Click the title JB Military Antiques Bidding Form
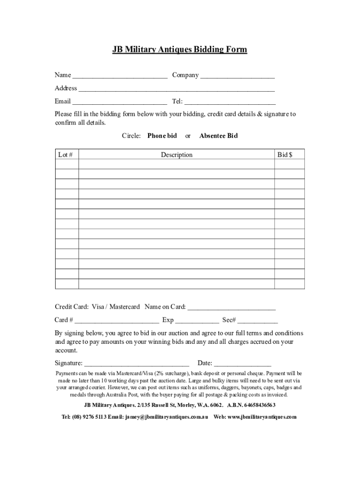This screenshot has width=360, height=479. click(180, 50)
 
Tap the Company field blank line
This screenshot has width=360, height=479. click(238, 76)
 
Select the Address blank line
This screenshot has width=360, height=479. click(176, 89)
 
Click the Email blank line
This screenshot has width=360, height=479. click(120, 102)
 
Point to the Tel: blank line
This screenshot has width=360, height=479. click(230, 102)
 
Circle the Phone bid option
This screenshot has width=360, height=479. click(162, 136)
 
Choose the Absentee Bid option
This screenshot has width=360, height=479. click(218, 136)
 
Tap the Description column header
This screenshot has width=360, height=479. click(176, 154)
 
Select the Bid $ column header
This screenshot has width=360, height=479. click(285, 154)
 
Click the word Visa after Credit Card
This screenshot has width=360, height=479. click(98, 307)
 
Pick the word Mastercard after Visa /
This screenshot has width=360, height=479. click(124, 307)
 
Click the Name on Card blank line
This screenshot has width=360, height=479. click(231, 308)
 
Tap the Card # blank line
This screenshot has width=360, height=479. click(116, 321)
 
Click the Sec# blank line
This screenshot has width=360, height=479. click(258, 321)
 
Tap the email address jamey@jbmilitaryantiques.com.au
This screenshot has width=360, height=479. click(166, 417)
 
